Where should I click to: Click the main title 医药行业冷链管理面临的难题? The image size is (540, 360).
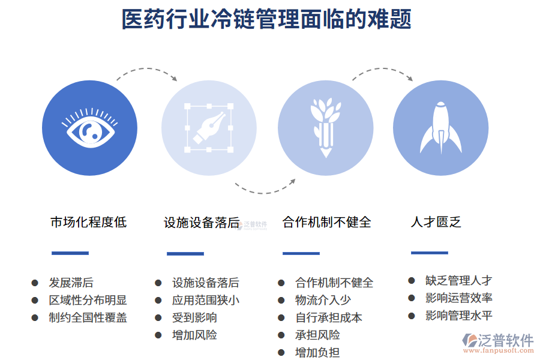click(267, 19)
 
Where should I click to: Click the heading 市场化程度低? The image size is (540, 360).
click(89, 222)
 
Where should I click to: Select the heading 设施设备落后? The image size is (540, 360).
click(202, 223)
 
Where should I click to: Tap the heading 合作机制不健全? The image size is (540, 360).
click(327, 222)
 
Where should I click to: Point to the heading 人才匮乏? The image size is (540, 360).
click(436, 222)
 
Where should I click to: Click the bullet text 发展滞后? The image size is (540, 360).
click(71, 283)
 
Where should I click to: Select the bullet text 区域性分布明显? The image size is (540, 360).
click(88, 300)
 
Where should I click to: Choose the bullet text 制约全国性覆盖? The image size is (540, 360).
click(88, 317)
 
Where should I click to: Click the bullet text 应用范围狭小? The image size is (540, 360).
click(205, 300)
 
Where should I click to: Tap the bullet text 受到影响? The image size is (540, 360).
click(194, 317)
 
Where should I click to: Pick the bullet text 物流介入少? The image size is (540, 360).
click(323, 300)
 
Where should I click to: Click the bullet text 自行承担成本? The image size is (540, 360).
click(329, 317)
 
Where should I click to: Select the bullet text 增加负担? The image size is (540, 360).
click(317, 352)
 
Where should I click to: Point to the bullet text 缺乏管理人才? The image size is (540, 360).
click(459, 280)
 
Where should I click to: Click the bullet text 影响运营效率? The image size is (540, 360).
click(459, 298)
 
